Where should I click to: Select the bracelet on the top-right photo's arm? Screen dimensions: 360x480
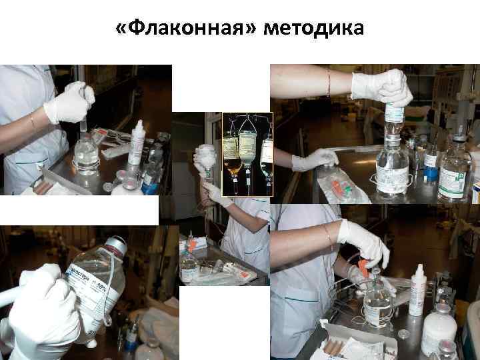click(x=328, y=83)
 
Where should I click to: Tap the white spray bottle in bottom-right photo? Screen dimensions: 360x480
click(x=418, y=291)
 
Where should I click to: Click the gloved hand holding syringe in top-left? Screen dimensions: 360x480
click(x=69, y=103)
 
